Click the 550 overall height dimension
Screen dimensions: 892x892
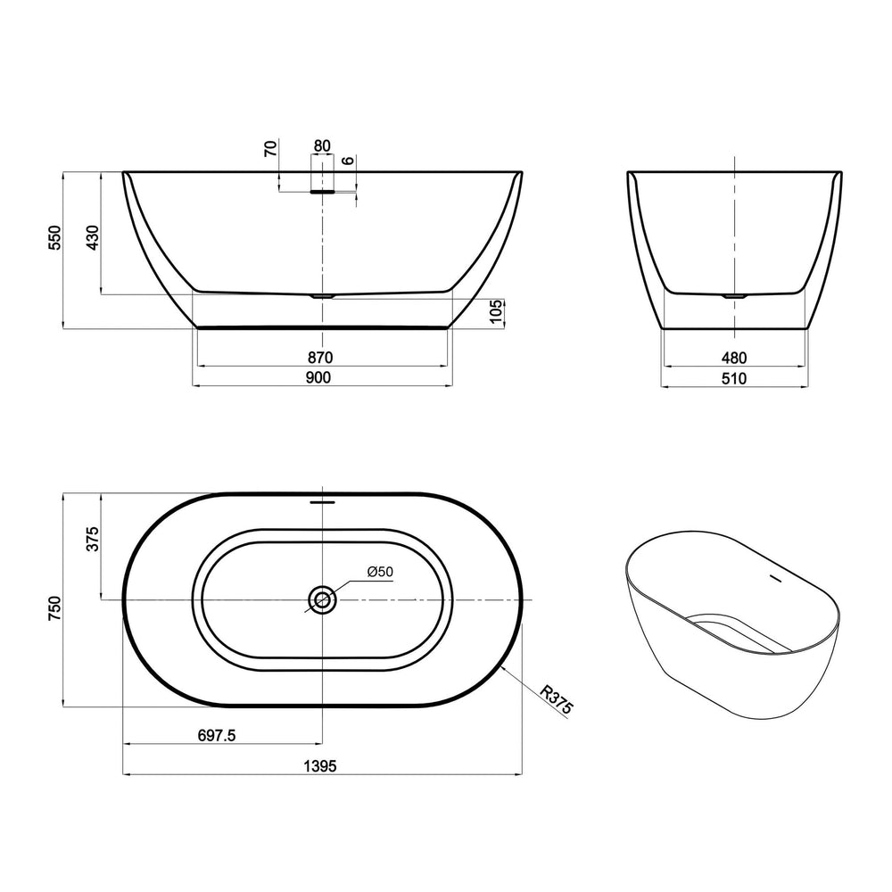coord(54,238)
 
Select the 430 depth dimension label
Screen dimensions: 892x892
coord(92,238)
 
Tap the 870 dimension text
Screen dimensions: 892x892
coord(320,358)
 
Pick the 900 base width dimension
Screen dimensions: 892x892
coord(318,377)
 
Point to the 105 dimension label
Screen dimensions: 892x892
coord(496,311)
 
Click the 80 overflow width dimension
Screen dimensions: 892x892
coord(322,145)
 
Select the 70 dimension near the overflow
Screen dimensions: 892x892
coord(271,148)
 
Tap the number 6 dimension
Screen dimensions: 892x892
coord(348,161)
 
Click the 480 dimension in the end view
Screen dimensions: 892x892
coord(734,358)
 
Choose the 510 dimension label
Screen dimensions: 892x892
coord(734,378)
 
